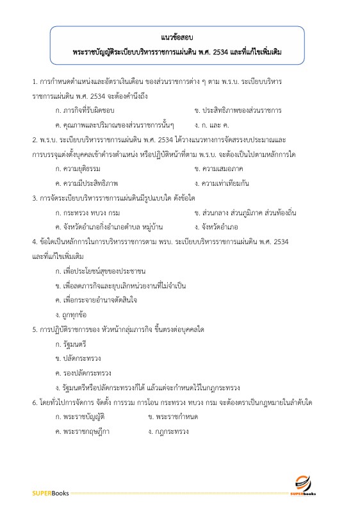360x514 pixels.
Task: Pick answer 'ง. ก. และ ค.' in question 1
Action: tap(212, 124)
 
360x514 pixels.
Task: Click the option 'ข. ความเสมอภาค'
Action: tap(216, 168)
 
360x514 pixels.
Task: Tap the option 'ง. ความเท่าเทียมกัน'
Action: tap(221, 183)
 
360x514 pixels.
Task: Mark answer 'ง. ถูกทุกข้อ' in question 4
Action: tap(71, 314)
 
